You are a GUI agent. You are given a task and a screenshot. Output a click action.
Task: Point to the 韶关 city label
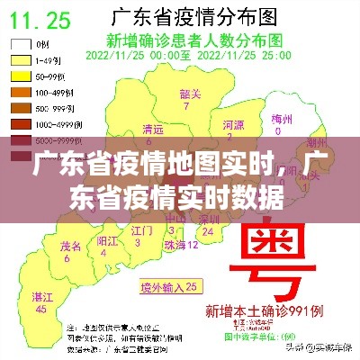[189, 93]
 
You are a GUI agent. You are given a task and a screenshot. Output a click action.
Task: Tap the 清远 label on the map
[153, 130]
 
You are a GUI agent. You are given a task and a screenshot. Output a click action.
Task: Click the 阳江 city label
[107, 241]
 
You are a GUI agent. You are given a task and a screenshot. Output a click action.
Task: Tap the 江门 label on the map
[141, 231]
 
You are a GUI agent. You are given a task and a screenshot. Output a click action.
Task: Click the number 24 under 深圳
[208, 231]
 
